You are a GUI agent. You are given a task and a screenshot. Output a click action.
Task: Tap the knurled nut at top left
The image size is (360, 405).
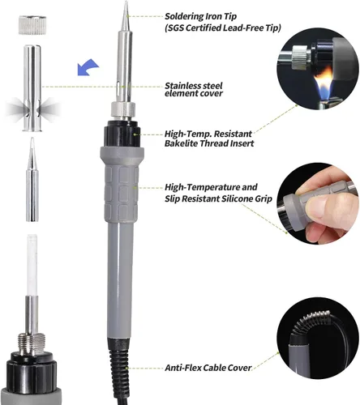32,25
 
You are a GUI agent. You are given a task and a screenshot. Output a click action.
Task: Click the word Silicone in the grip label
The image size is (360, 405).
237,198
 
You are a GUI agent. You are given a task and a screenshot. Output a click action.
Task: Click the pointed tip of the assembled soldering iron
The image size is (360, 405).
126,2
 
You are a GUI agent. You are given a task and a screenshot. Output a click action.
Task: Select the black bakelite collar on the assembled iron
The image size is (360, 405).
123,134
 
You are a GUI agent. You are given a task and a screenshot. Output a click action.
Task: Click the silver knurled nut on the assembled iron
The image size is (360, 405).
123,109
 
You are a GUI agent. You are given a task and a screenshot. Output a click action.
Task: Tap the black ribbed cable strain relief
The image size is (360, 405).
119,356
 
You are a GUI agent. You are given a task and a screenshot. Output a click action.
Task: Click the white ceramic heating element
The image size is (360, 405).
32,265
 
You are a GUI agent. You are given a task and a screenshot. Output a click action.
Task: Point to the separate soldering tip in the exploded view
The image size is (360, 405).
32,180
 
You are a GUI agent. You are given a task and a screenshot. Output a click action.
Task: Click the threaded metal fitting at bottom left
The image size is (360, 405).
31,343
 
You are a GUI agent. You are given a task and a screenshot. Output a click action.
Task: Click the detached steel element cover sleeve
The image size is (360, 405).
32,88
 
